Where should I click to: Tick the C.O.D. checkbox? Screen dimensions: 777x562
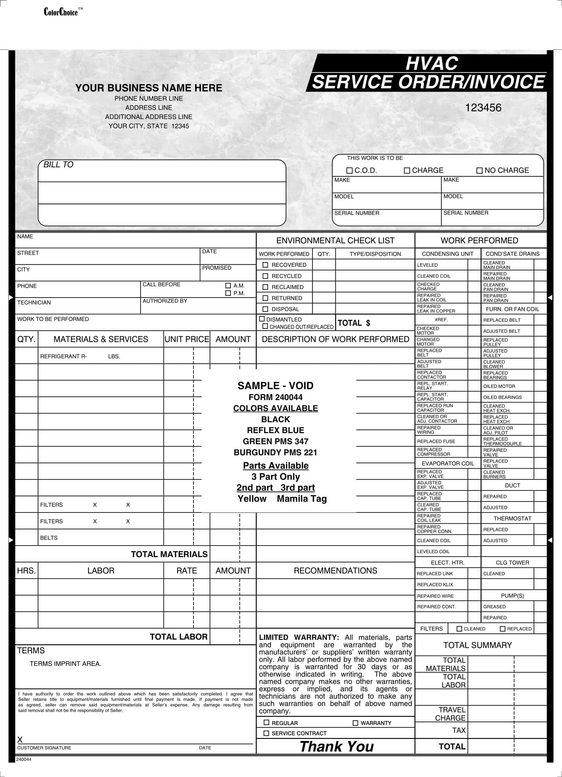click(x=349, y=170)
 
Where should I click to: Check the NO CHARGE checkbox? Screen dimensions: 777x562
click(x=479, y=170)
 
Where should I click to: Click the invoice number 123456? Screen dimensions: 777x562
click(x=483, y=107)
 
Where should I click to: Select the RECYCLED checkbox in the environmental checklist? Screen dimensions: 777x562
click(x=265, y=276)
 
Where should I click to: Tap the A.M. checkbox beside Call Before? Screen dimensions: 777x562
click(x=228, y=285)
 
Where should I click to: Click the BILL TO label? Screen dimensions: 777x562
click(x=58, y=164)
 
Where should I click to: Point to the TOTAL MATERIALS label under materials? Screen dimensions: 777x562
click(x=169, y=554)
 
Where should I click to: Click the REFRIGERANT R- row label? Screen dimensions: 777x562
click(x=64, y=356)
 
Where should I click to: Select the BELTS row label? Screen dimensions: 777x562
click(x=49, y=538)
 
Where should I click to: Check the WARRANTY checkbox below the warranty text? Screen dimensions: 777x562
click(x=355, y=723)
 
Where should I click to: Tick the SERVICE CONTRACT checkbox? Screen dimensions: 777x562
click(x=266, y=733)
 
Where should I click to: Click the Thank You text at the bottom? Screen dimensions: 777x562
click(x=337, y=747)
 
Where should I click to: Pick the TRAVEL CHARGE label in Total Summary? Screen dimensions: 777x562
click(x=450, y=714)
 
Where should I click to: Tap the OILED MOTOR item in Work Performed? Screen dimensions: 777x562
click(x=499, y=386)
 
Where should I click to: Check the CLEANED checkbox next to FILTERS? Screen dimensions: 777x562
click(x=460, y=629)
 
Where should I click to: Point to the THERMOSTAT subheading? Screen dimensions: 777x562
click(x=512, y=518)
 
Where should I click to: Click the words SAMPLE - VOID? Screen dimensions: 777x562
click(x=275, y=386)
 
